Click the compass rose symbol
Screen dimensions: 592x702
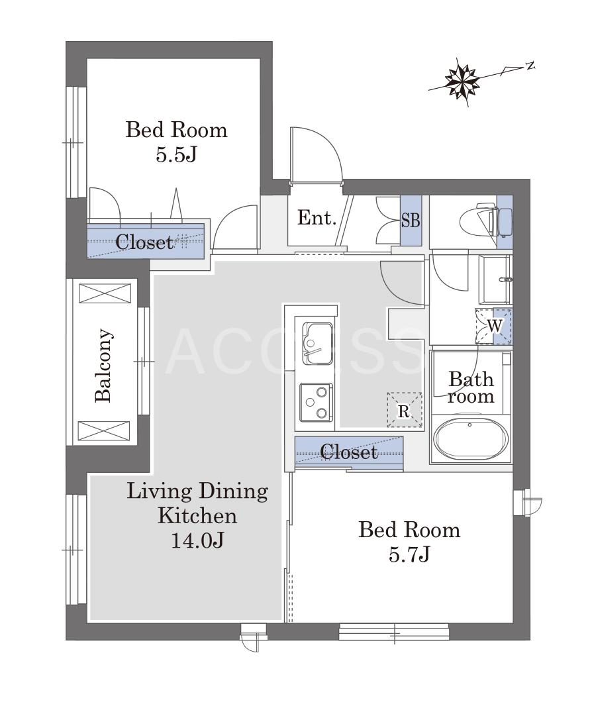coord(462,81)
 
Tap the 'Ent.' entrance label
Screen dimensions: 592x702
coord(317,218)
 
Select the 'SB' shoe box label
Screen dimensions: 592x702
coord(410,221)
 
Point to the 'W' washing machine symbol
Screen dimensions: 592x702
coord(494,326)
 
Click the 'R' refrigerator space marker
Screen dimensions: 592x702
coord(405,411)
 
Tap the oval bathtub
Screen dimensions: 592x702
coord(471,439)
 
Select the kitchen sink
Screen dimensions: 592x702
coord(317,343)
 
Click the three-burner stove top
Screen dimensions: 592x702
coord(317,401)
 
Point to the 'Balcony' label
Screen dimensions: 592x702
coord(103,365)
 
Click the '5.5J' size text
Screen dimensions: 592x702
coord(176,155)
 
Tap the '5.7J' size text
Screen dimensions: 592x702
coord(409,555)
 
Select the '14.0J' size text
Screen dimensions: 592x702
coord(197,541)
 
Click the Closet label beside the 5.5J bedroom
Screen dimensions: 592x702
coord(144,242)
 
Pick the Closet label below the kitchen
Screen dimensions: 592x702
coord(349,452)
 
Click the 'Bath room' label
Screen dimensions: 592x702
coord(471,387)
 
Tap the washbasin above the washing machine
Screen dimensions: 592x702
coord(495,280)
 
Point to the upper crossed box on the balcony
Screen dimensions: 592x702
coord(105,293)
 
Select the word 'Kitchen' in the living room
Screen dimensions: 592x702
coord(197,515)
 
